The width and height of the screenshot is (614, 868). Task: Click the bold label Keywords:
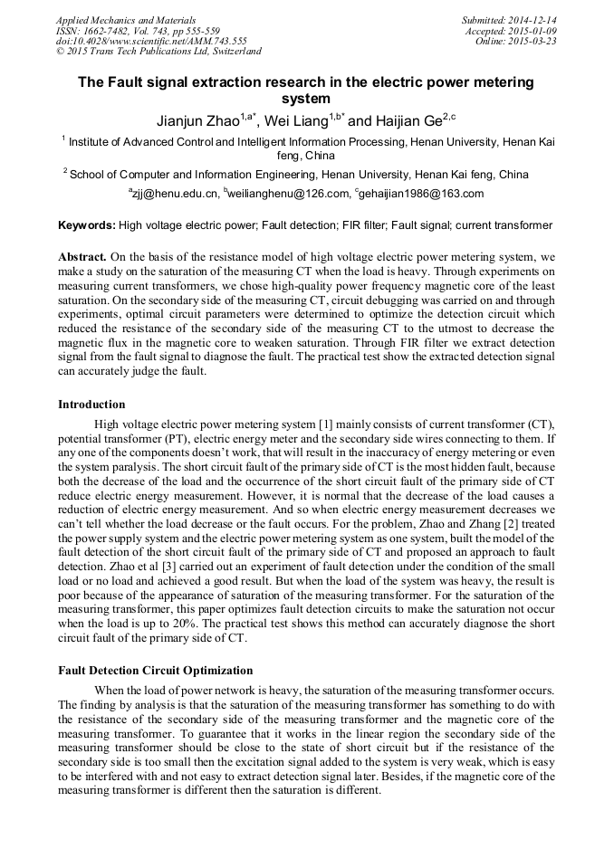click(87, 224)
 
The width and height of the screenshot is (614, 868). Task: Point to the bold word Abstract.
click(82, 256)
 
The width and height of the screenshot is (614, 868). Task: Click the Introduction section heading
click(91, 404)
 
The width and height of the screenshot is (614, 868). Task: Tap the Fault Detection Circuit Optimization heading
click(155, 671)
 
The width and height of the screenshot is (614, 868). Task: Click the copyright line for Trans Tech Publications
click(158, 52)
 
